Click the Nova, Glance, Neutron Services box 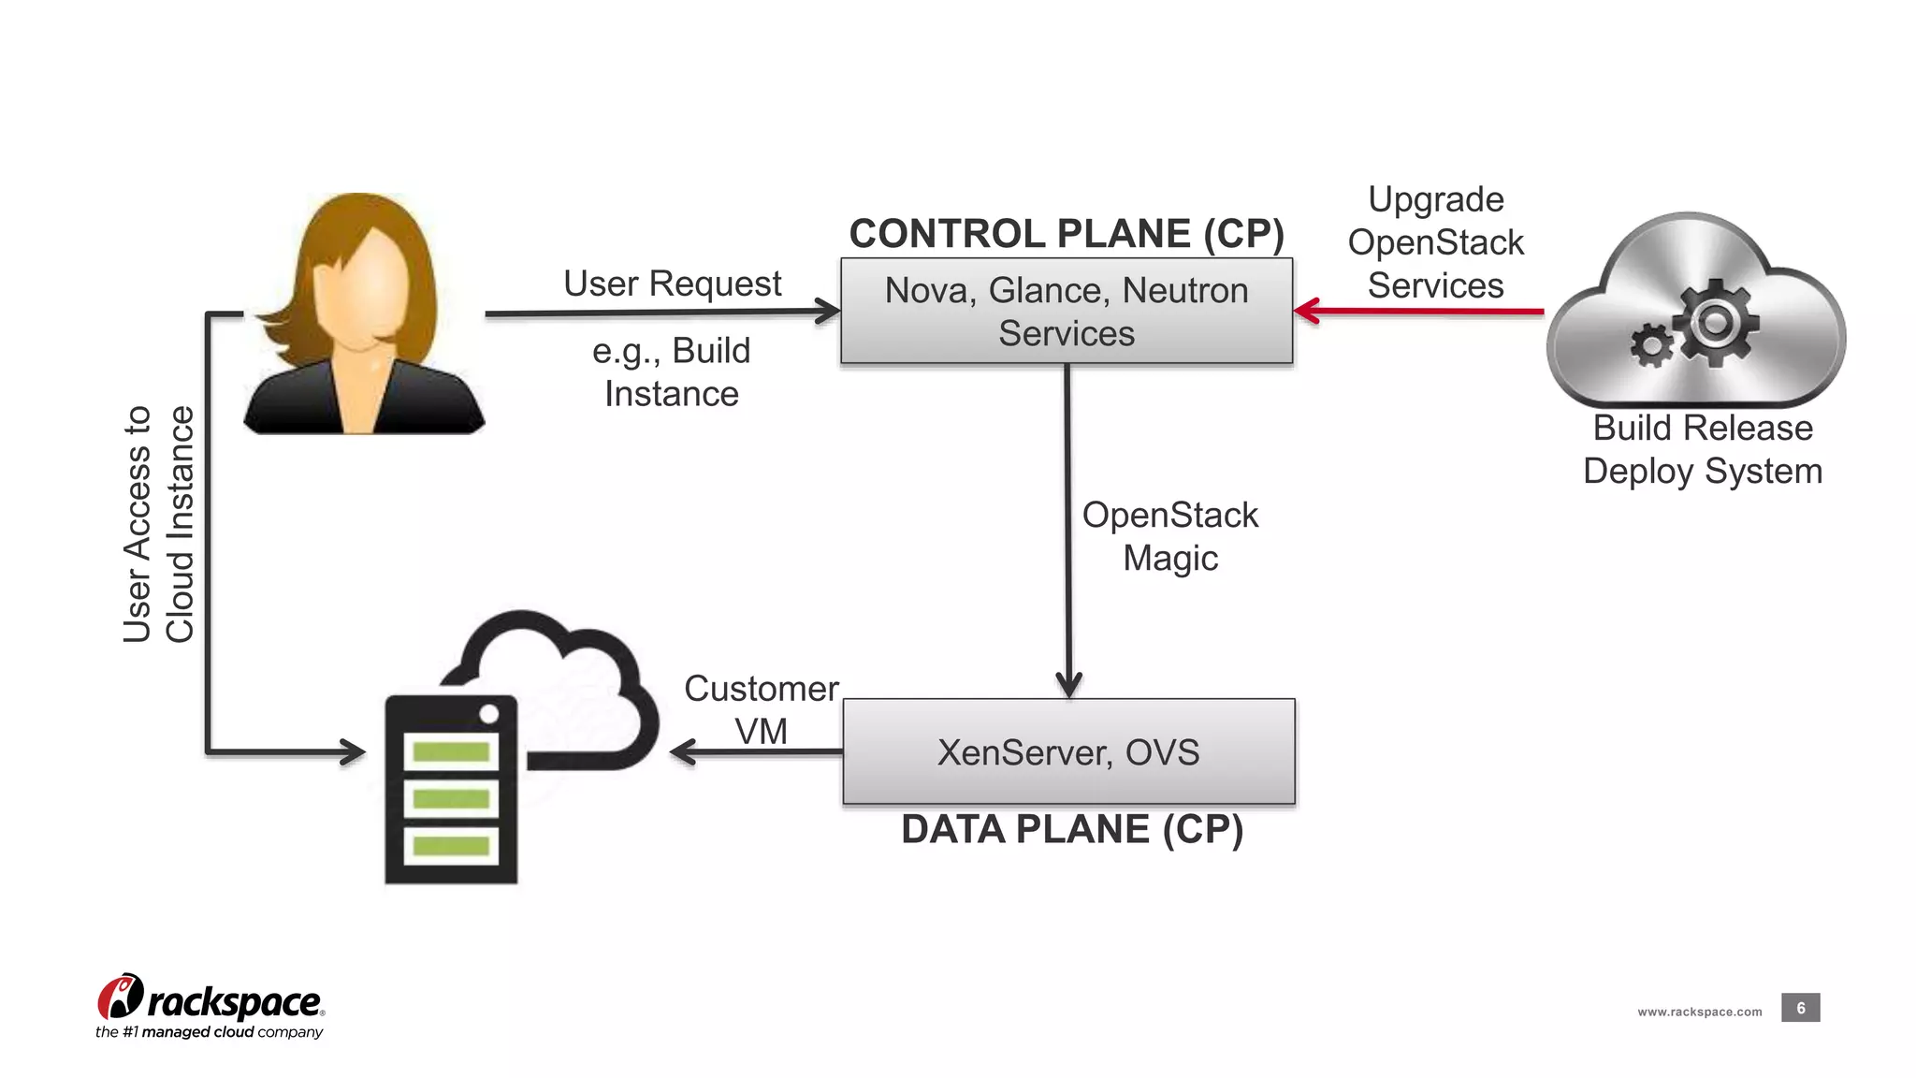pos(1067,311)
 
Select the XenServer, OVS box pos(1068,751)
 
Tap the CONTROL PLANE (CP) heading pos(1067,233)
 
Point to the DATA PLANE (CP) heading pos(1072,829)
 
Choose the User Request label pos(672,284)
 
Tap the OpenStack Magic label pos(1169,536)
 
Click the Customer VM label pos(761,709)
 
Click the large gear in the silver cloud pos(1716,324)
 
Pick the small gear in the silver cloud pos(1652,345)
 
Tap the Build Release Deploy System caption pos(1703,449)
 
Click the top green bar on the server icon pos(451,751)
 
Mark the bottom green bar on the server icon pos(451,846)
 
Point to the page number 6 pos(1800,1008)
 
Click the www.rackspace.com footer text pos(1699,1012)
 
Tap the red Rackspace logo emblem pos(121,998)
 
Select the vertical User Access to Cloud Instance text pos(158,524)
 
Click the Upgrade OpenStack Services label pos(1435,242)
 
